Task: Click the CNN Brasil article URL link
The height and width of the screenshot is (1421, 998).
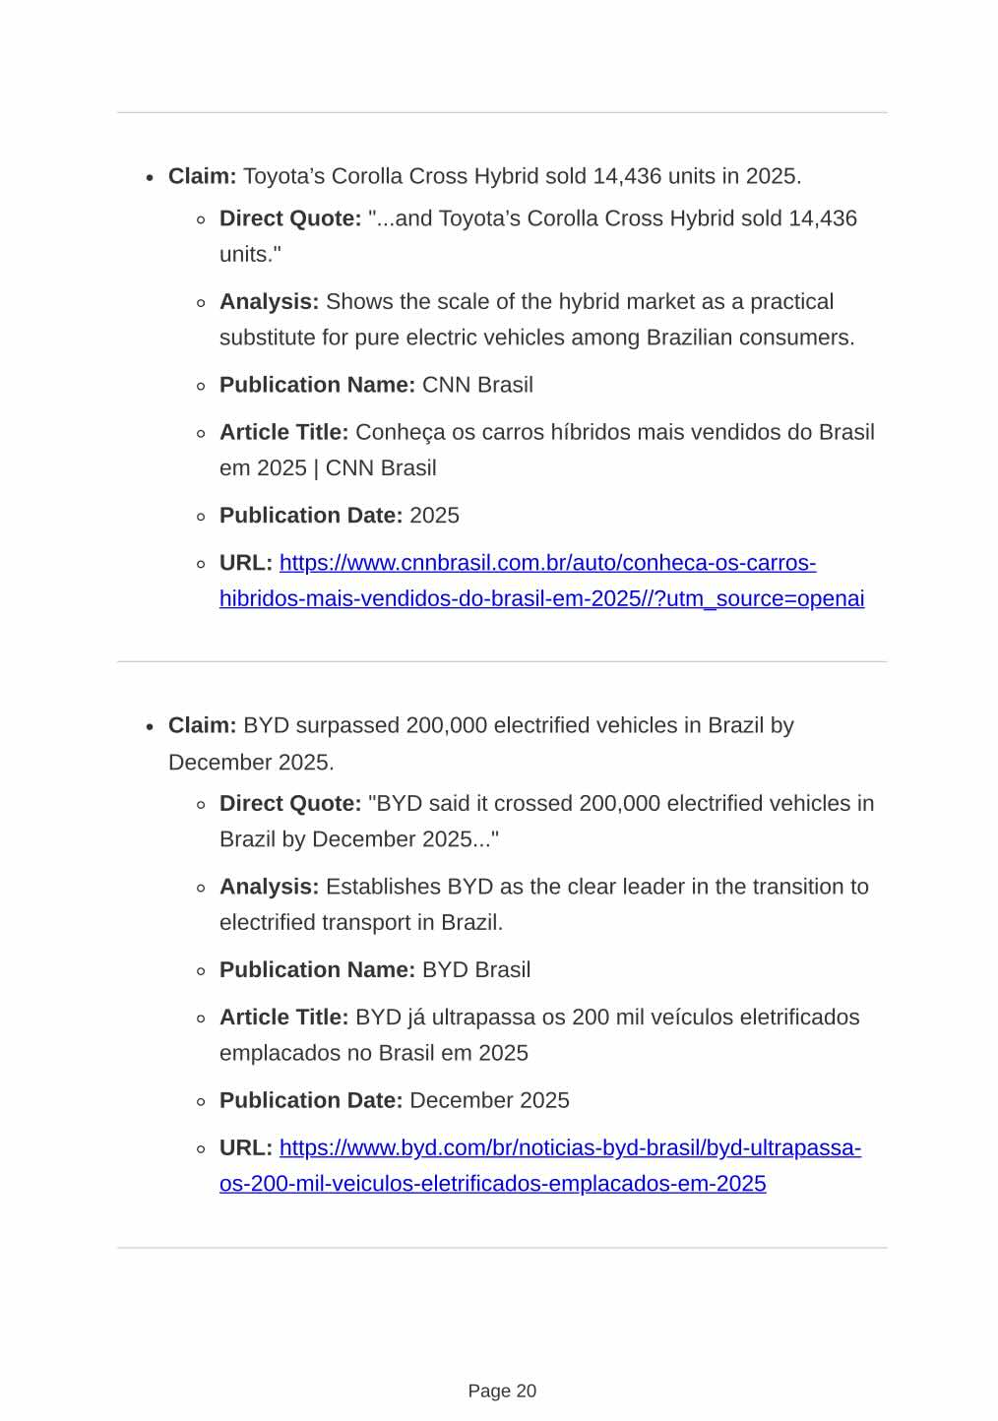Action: [x=547, y=564]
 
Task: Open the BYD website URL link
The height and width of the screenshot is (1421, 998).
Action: [x=570, y=1148]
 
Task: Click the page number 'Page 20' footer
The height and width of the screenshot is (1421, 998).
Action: [x=502, y=1390]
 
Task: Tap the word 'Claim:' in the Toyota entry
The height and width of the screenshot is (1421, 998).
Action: [x=202, y=177]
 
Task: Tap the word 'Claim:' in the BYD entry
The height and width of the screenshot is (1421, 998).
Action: [x=202, y=726]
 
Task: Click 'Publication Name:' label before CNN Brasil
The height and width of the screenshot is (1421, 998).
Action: [x=317, y=386]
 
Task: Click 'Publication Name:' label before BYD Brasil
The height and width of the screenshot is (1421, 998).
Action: [x=317, y=970]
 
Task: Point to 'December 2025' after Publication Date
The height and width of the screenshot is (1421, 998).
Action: [x=489, y=1101]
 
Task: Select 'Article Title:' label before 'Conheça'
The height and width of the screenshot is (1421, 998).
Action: [x=283, y=433]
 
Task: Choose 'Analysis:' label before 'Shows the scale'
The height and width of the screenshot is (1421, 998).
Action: [x=269, y=302]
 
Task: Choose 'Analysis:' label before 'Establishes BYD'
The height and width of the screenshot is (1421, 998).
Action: [x=269, y=888]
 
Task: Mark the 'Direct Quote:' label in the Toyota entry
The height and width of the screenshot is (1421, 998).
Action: [x=290, y=219]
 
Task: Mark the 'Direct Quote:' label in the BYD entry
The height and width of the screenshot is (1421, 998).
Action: [x=290, y=804]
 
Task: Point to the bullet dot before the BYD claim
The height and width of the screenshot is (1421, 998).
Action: [x=150, y=727]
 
